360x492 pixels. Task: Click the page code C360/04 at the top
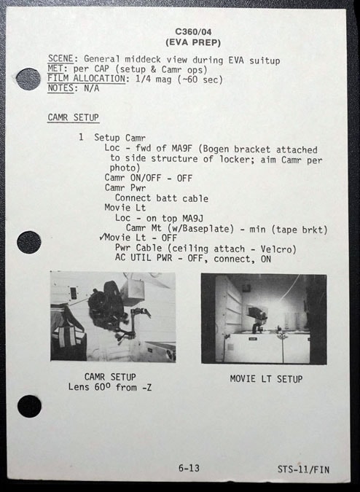tap(193, 31)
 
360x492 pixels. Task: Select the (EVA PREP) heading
tap(193, 42)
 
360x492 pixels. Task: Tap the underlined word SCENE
tap(60, 59)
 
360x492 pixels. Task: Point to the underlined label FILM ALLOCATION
tap(87, 79)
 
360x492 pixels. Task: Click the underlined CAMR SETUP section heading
tap(74, 117)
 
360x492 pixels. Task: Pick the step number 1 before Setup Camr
tap(81, 137)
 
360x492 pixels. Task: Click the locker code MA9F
tap(182, 148)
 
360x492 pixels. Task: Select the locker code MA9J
tap(192, 218)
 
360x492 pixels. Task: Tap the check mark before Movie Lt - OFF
tap(101, 237)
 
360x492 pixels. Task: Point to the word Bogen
tap(214, 149)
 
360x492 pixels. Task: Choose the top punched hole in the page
tap(28, 79)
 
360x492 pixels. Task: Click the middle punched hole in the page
tap(29, 242)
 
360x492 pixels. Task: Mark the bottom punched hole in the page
tap(29, 406)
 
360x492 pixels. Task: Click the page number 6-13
tap(189, 468)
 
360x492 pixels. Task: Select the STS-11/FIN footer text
tap(303, 469)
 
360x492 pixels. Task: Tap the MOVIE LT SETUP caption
tap(266, 379)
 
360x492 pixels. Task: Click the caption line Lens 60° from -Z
tap(110, 387)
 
